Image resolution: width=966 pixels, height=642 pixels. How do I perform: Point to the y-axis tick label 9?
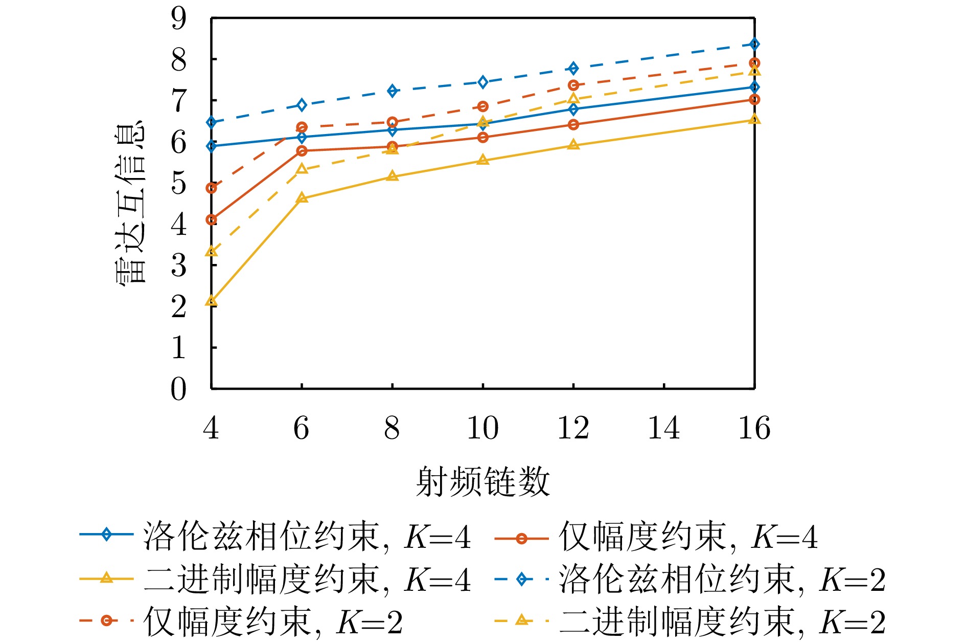coord(179,19)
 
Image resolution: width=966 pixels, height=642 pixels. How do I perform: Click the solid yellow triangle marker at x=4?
coord(211,301)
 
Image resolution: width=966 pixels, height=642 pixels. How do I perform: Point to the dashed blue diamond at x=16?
coord(754,45)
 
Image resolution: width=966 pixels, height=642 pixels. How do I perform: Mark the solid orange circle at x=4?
coord(211,219)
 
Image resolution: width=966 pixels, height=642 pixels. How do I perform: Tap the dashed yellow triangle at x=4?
coord(211,252)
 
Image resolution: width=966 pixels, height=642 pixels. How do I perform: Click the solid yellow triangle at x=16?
coord(754,120)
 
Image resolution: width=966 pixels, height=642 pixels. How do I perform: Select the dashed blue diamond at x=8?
coord(392,91)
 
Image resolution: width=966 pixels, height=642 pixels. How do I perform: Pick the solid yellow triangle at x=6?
coord(302,198)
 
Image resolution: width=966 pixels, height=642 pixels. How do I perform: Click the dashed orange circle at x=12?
coord(573,85)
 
